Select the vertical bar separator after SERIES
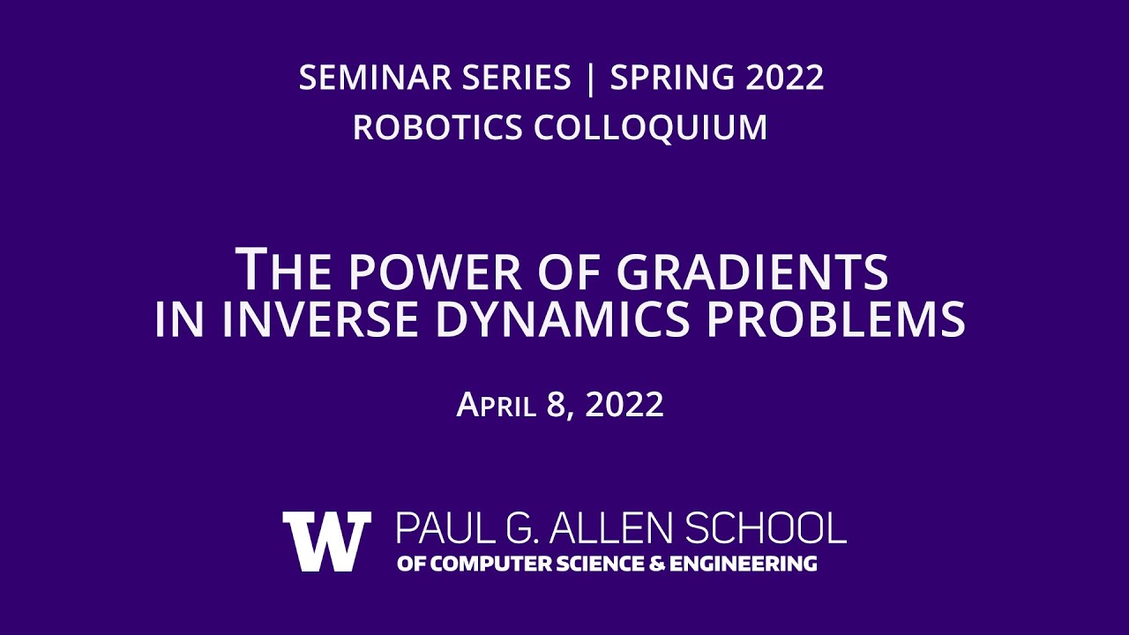tap(591, 78)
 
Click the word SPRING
tap(672, 78)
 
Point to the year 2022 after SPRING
tap(785, 78)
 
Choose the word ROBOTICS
tap(437, 127)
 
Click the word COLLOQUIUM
tap(651, 128)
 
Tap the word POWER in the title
tap(435, 273)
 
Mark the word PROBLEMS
tap(836, 319)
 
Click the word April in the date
tap(497, 404)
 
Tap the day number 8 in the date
tap(557, 404)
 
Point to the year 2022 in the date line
tap(624, 404)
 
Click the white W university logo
tap(326, 542)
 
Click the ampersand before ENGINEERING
tap(656, 564)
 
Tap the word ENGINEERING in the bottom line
tap(743, 564)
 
